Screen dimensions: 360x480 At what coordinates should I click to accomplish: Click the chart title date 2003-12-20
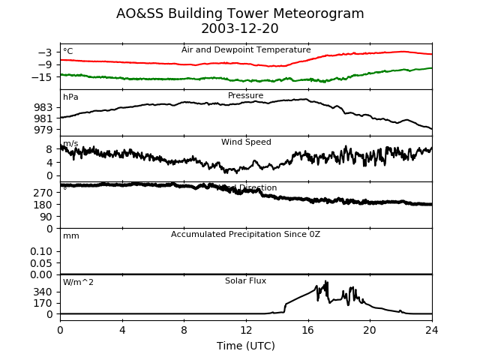pyautogui.click(x=240, y=29)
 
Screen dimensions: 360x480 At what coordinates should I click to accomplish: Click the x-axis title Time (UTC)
pyautogui.click(x=246, y=346)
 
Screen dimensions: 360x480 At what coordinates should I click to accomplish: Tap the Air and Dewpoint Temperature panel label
pyautogui.click(x=246, y=49)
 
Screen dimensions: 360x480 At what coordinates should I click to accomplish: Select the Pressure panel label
pyautogui.click(x=246, y=96)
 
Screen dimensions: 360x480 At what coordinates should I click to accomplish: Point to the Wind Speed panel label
pyautogui.click(x=246, y=142)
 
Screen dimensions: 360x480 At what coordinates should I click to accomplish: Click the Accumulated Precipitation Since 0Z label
pyautogui.click(x=246, y=235)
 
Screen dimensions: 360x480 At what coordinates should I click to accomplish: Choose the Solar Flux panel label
pyautogui.click(x=246, y=281)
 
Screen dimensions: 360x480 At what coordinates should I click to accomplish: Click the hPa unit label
pyautogui.click(x=70, y=97)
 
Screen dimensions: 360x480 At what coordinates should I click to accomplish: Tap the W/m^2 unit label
pyautogui.click(x=79, y=283)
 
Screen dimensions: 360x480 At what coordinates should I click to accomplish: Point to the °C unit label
pyautogui.click(x=68, y=52)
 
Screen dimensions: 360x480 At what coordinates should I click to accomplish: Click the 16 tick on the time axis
pyautogui.click(x=308, y=329)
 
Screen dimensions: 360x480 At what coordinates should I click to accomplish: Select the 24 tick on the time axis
pyautogui.click(x=432, y=329)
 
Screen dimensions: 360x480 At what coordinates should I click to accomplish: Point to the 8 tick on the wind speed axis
pyautogui.click(x=49, y=149)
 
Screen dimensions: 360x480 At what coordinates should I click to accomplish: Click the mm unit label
pyautogui.click(x=71, y=236)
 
